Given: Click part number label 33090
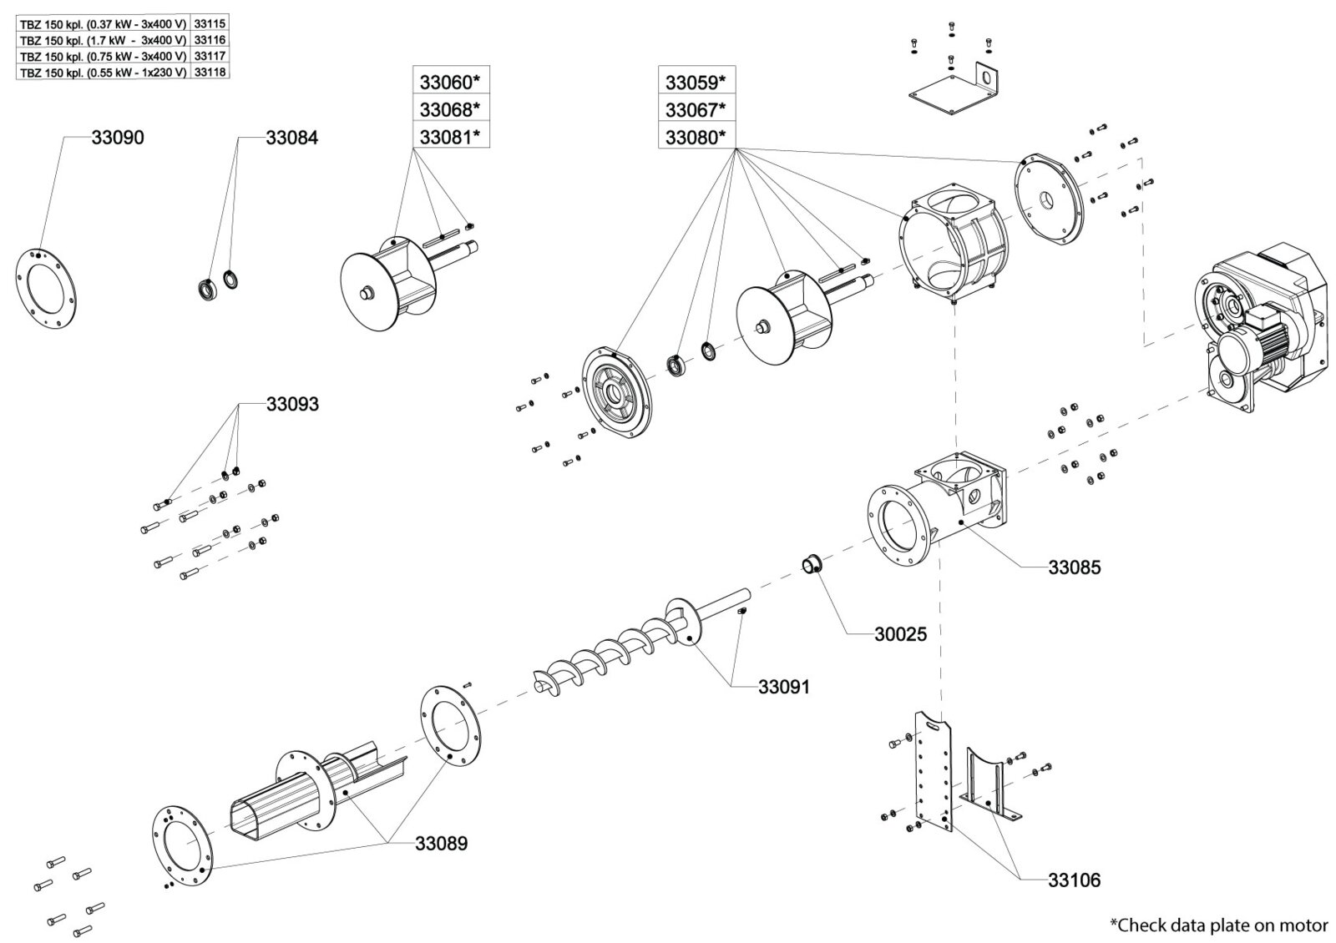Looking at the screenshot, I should [117, 138].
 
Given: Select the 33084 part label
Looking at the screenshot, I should [291, 138].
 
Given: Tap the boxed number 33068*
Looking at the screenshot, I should [451, 109].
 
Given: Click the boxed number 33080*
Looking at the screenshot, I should [696, 137].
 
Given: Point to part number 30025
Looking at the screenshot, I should [900, 634].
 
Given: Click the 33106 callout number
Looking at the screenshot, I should [1074, 880].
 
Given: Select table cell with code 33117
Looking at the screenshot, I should [210, 56].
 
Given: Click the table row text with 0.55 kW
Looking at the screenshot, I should [103, 73].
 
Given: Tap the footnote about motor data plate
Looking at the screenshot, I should [1218, 925].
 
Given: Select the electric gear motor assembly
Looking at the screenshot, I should [1261, 325].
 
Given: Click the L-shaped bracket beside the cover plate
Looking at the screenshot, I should [990, 83].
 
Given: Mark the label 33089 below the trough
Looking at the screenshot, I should [441, 844].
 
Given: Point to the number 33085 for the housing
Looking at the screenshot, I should [1075, 567].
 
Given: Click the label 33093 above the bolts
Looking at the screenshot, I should [291, 404].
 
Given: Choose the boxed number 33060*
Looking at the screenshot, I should [451, 82].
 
